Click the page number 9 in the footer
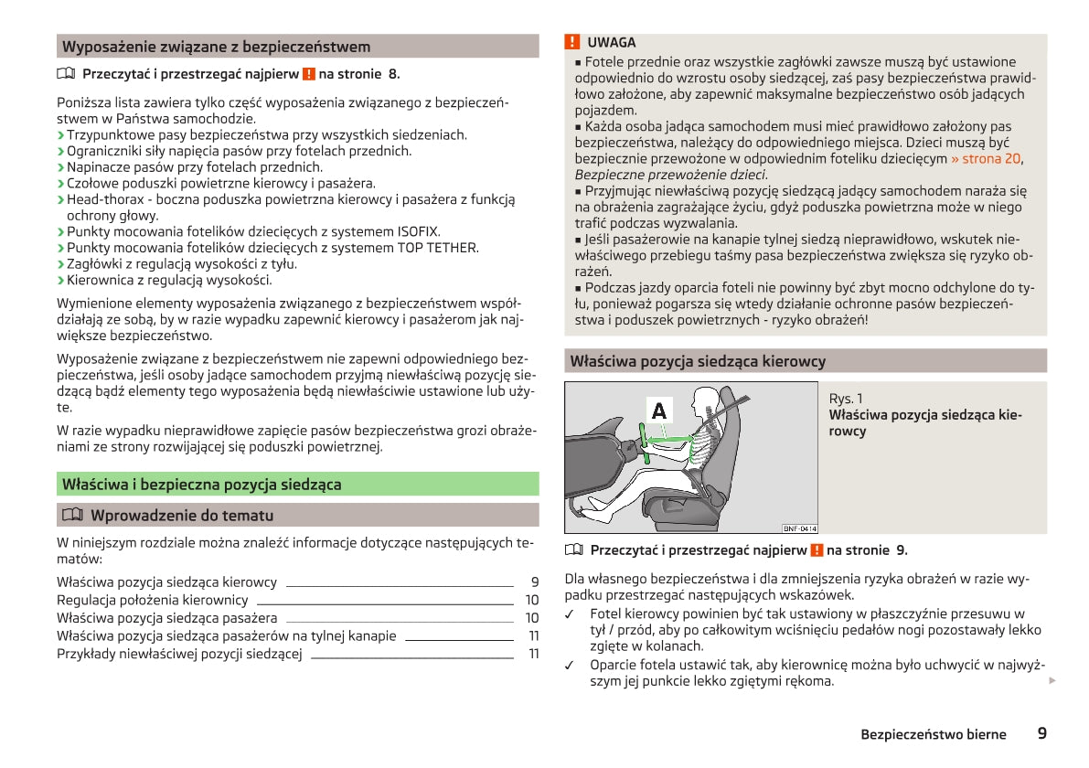pyautogui.click(x=1042, y=733)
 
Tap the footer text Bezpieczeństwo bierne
pyautogui.click(x=933, y=734)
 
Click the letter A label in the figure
pyautogui.click(x=658, y=411)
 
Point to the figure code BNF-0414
pyautogui.click(x=799, y=528)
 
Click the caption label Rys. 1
pyautogui.click(x=846, y=399)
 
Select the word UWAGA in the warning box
pyautogui.click(x=612, y=43)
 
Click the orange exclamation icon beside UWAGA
pyautogui.click(x=572, y=42)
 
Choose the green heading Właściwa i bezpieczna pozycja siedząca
pyautogui.click(x=201, y=485)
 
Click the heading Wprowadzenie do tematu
pyautogui.click(x=182, y=516)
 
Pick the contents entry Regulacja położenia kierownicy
pyautogui.click(x=152, y=600)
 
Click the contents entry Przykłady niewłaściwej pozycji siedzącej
pyautogui.click(x=179, y=654)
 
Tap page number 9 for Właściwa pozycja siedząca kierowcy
pyautogui.click(x=534, y=582)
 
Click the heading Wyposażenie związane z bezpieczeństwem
pyautogui.click(x=216, y=47)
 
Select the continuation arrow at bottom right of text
pyautogui.click(x=1052, y=681)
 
